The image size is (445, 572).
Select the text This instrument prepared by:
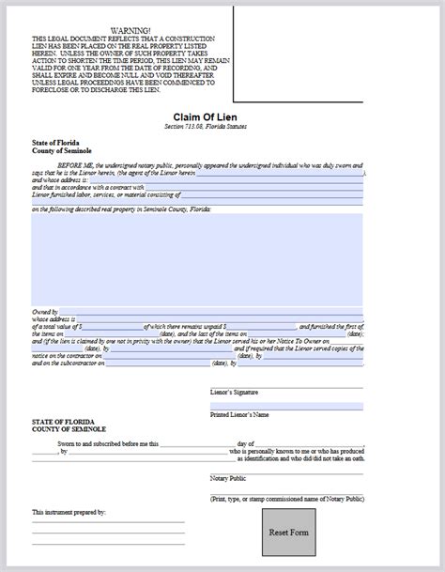coord(69,513)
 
